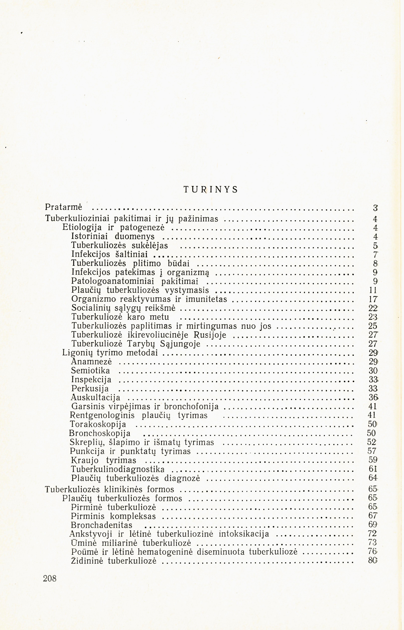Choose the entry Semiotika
click(x=91, y=371)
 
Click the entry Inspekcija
click(x=91, y=380)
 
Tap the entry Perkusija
click(x=90, y=389)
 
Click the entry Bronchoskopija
click(x=100, y=433)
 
